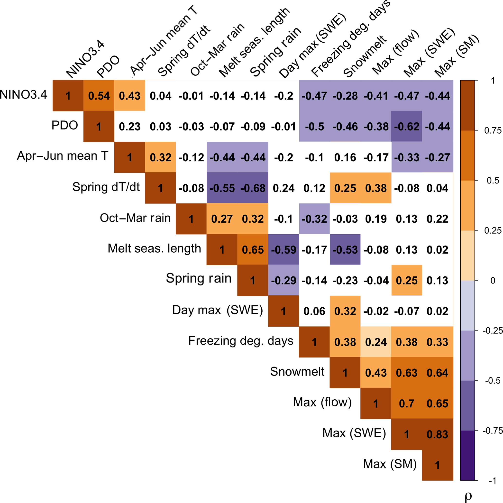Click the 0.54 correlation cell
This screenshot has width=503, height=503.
tap(99, 96)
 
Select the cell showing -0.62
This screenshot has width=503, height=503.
tap(407, 127)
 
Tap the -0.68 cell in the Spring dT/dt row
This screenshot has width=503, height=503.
tap(253, 188)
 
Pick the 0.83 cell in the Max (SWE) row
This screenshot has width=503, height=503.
tap(437, 434)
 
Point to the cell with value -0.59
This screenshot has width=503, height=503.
tap(284, 250)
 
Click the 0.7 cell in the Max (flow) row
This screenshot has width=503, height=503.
tap(407, 403)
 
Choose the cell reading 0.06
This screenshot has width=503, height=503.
tap(314, 311)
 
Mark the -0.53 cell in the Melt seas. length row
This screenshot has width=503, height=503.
tap(345, 250)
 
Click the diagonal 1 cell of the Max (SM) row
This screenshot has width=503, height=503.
tap(437, 465)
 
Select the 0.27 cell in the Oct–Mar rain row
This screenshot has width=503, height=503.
tap(222, 219)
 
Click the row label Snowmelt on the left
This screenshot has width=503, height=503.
tap(297, 372)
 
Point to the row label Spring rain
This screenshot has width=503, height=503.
tap(199, 278)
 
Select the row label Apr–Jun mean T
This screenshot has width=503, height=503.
tap(63, 156)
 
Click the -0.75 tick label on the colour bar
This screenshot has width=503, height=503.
tap(492, 431)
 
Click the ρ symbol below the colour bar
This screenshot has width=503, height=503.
tap(468, 496)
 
